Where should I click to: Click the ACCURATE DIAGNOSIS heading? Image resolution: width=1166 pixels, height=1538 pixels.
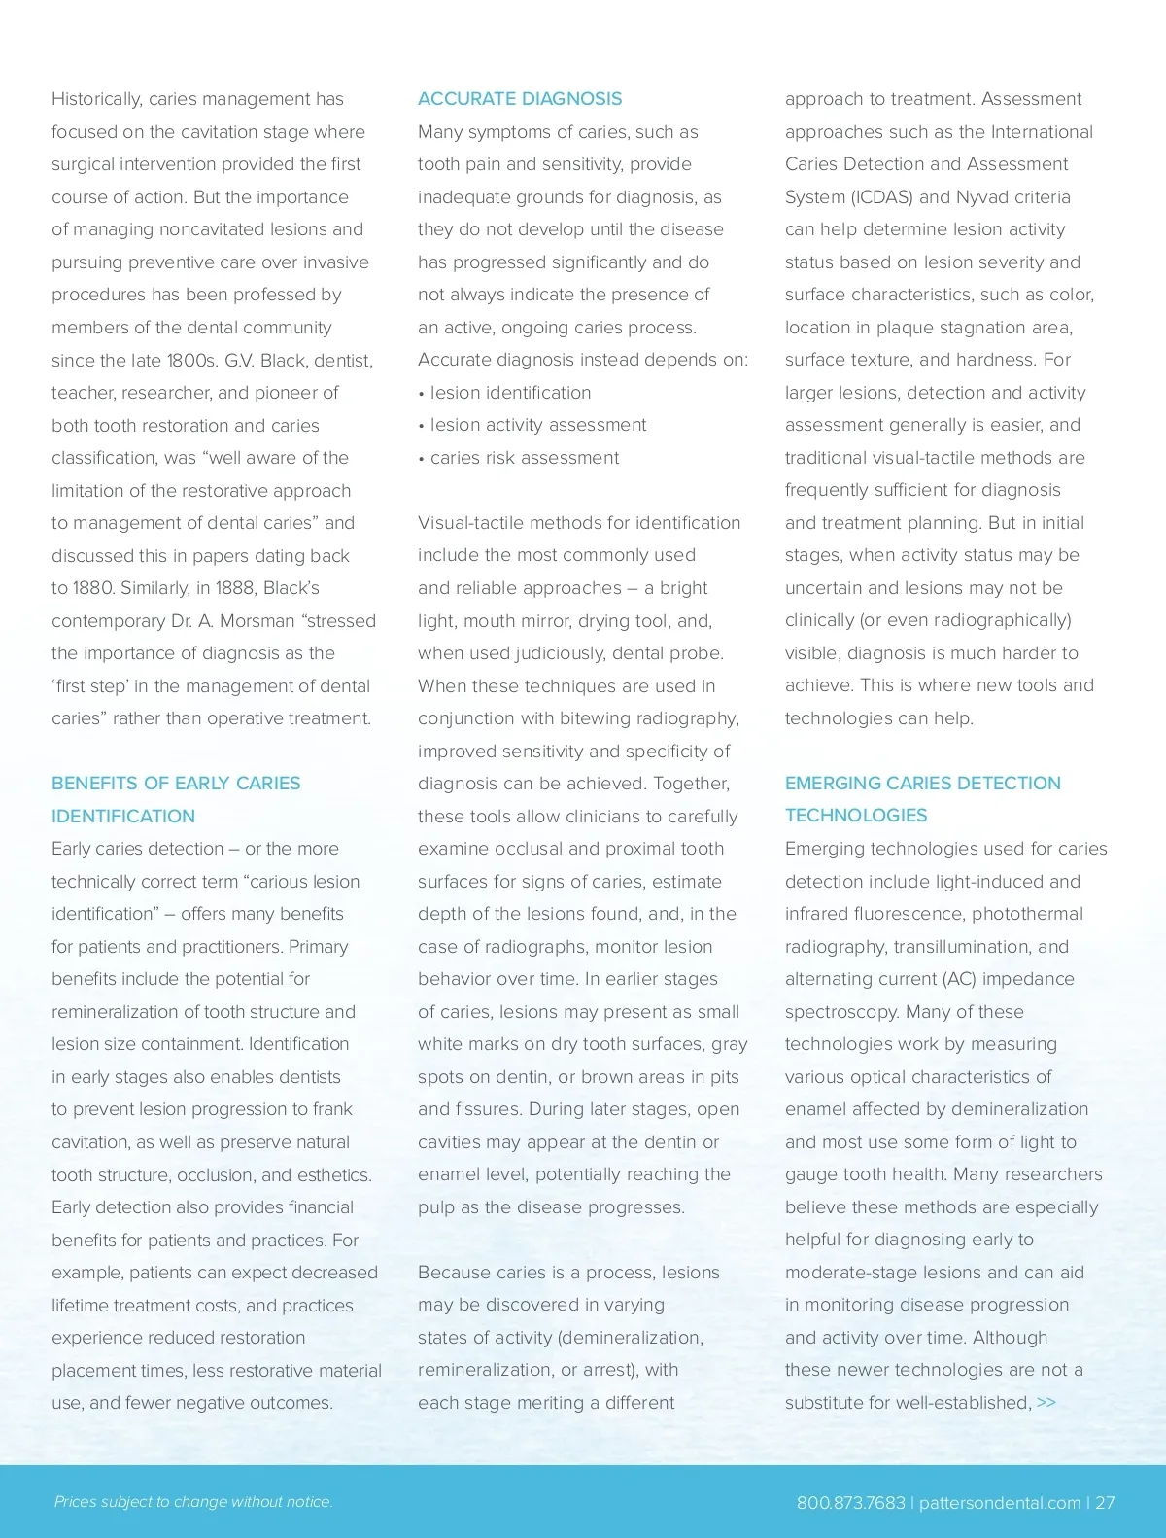coord(520,99)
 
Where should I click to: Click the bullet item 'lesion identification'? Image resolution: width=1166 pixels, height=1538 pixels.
coord(510,393)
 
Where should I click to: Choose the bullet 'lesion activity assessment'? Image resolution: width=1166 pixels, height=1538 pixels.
coord(537,425)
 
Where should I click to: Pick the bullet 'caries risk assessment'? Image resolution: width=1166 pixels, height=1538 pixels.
coord(524,458)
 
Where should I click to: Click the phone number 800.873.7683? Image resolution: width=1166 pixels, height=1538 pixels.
coord(850,1503)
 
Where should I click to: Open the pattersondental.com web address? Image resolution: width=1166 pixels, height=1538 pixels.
coord(1000,1503)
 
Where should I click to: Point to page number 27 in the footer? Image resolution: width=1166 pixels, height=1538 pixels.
coord(1105,1503)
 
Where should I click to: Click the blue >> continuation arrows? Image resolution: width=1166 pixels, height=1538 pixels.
coord(1046,1402)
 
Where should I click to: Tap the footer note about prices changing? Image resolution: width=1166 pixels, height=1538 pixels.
coord(193,1502)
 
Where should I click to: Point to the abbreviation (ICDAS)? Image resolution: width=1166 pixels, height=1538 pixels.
coord(881,197)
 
